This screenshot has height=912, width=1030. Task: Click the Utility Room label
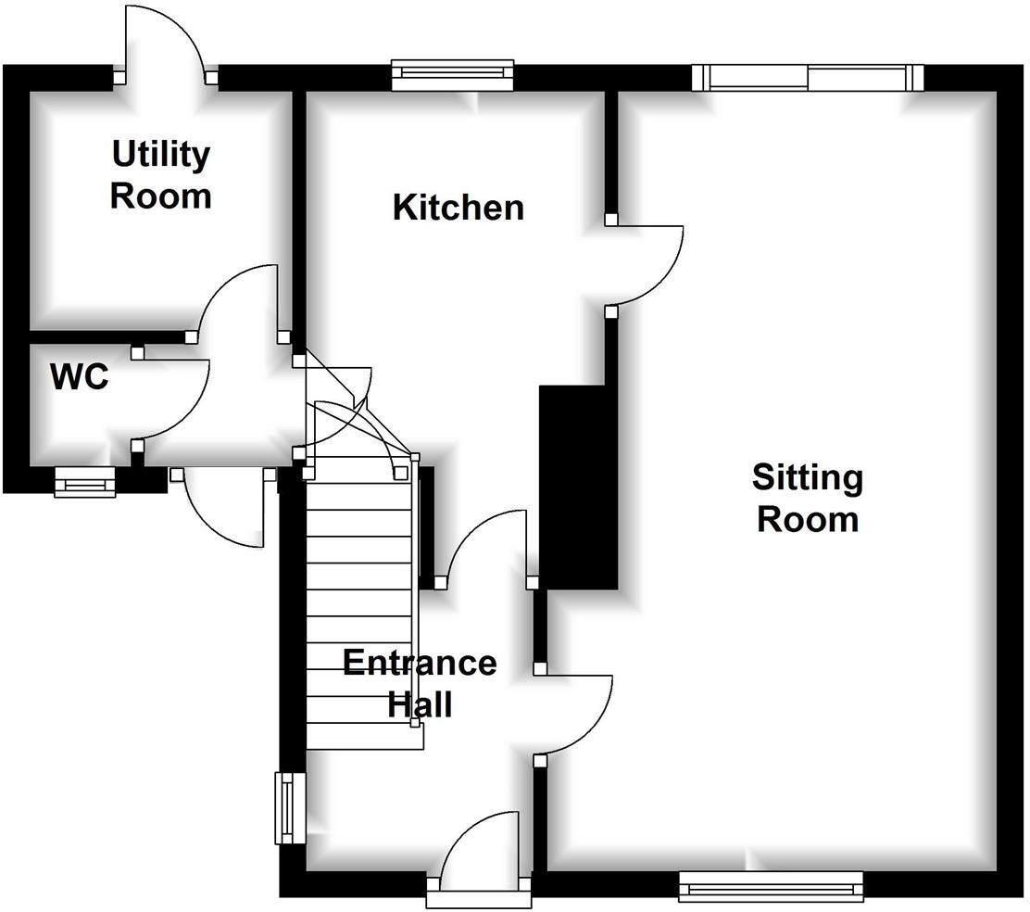click(x=161, y=175)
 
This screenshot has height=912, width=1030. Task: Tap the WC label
click(x=79, y=377)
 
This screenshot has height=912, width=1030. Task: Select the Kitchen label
click(x=458, y=208)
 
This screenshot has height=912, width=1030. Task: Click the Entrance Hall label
click(x=420, y=683)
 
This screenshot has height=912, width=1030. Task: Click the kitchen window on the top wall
click(x=452, y=75)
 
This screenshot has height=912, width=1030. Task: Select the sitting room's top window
click(x=808, y=77)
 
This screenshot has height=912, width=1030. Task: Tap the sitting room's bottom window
click(x=771, y=886)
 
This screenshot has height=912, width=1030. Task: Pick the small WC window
click(x=84, y=482)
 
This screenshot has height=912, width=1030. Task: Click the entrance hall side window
click(x=290, y=808)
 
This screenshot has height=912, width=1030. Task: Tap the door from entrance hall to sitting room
click(x=574, y=714)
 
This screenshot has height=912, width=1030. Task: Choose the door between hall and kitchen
click(x=486, y=547)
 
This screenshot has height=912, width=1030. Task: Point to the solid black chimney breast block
click(x=578, y=487)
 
